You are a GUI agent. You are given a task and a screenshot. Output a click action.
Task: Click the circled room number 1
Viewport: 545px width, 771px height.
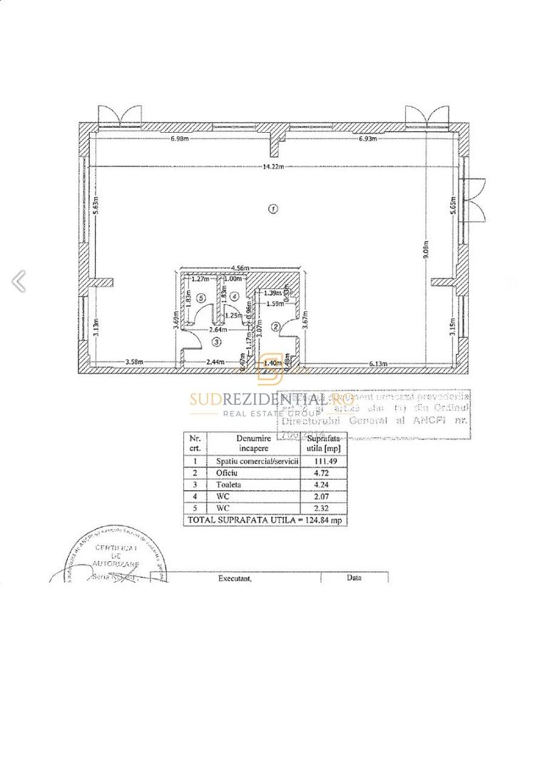click(272, 209)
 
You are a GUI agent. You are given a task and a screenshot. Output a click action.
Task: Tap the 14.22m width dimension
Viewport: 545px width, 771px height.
click(272, 166)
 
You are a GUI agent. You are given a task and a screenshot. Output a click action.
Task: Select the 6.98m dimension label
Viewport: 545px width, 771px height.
click(179, 138)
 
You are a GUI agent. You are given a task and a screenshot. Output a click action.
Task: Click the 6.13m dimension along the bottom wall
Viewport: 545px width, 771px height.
click(378, 364)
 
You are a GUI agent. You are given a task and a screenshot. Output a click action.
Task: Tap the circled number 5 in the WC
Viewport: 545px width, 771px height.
click(202, 298)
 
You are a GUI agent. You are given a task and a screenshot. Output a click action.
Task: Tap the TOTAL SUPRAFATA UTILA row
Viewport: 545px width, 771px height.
click(265, 520)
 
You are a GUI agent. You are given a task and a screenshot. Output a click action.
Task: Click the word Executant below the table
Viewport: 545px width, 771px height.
click(235, 580)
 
